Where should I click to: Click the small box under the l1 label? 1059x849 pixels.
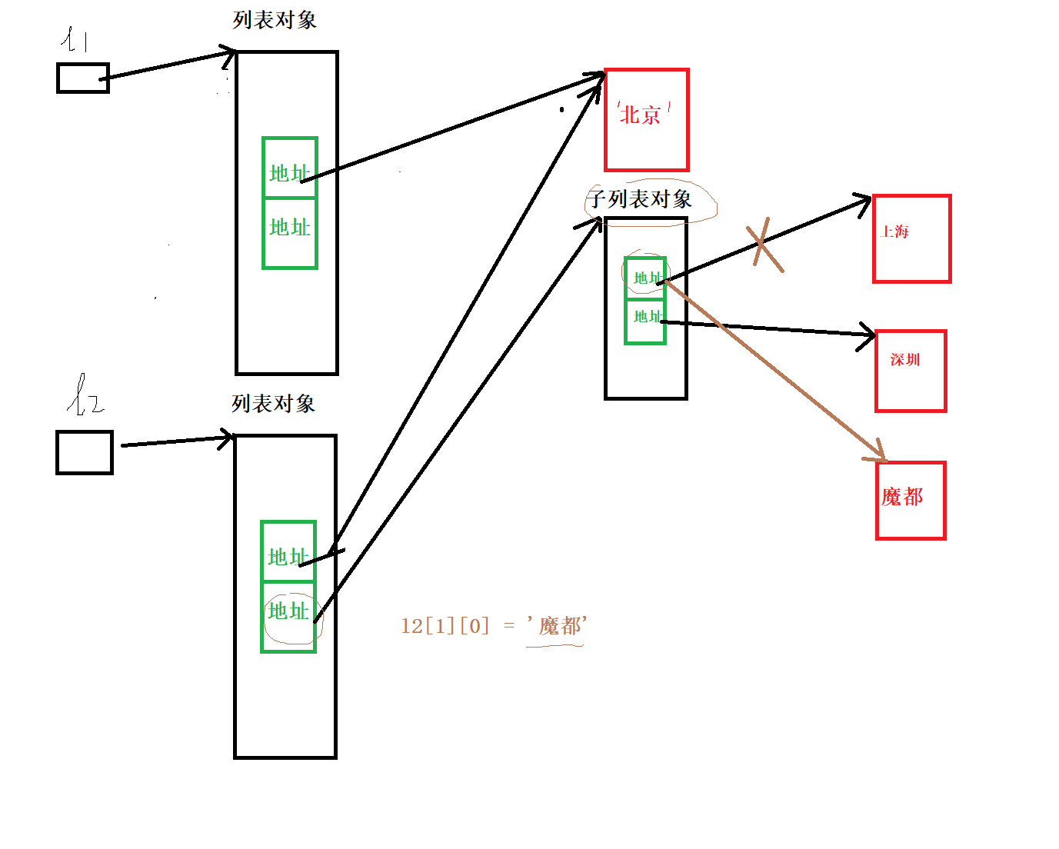pos(83,78)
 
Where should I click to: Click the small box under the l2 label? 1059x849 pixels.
pos(85,452)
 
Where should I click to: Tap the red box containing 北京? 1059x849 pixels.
pos(647,120)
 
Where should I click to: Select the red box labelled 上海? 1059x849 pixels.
pos(912,239)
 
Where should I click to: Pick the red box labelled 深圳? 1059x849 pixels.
pos(911,371)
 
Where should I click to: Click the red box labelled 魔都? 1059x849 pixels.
pos(911,501)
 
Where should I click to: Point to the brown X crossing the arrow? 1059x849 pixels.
pos(764,244)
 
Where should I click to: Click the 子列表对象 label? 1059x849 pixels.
pos(640,200)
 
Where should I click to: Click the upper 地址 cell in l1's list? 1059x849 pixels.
pos(290,168)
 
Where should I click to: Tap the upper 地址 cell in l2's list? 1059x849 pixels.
pos(288,551)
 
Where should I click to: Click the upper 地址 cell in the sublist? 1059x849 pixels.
pos(645,278)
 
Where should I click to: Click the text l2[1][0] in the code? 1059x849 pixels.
pos(445,626)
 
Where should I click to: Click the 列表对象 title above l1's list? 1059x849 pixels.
pos(275,20)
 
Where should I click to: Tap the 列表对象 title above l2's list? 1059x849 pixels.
pos(273,404)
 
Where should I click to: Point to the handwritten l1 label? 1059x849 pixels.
pos(75,39)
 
